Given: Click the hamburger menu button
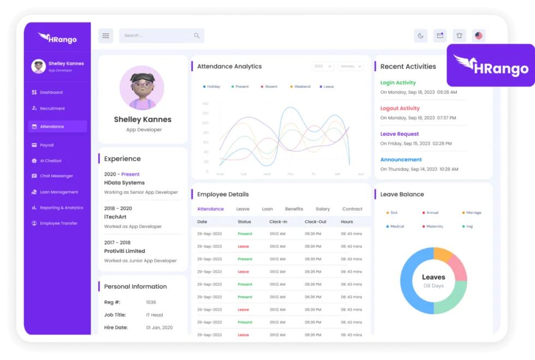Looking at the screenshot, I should [105, 36].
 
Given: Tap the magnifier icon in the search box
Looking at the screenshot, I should [197, 36].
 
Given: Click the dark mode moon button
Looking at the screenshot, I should [420, 36].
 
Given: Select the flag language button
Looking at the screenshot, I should [479, 36].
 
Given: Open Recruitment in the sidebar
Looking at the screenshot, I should [52, 109].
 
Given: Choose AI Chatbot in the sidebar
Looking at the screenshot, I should [50, 161].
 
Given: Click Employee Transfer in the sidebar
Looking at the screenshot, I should [58, 223].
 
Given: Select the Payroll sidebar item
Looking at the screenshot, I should [46, 145].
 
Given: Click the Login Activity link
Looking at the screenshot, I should [398, 83].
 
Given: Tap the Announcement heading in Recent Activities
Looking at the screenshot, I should [401, 160].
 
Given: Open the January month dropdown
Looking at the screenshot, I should [350, 67].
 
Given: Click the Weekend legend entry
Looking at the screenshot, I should [301, 87].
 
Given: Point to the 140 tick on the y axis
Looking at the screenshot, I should [205, 103].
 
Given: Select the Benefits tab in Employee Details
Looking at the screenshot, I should [294, 209].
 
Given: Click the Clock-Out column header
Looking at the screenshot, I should [316, 222].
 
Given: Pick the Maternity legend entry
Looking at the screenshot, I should [435, 226].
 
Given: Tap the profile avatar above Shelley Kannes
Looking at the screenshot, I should [142, 88].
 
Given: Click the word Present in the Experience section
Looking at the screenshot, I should [130, 175].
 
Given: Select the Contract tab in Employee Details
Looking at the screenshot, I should [352, 209].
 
